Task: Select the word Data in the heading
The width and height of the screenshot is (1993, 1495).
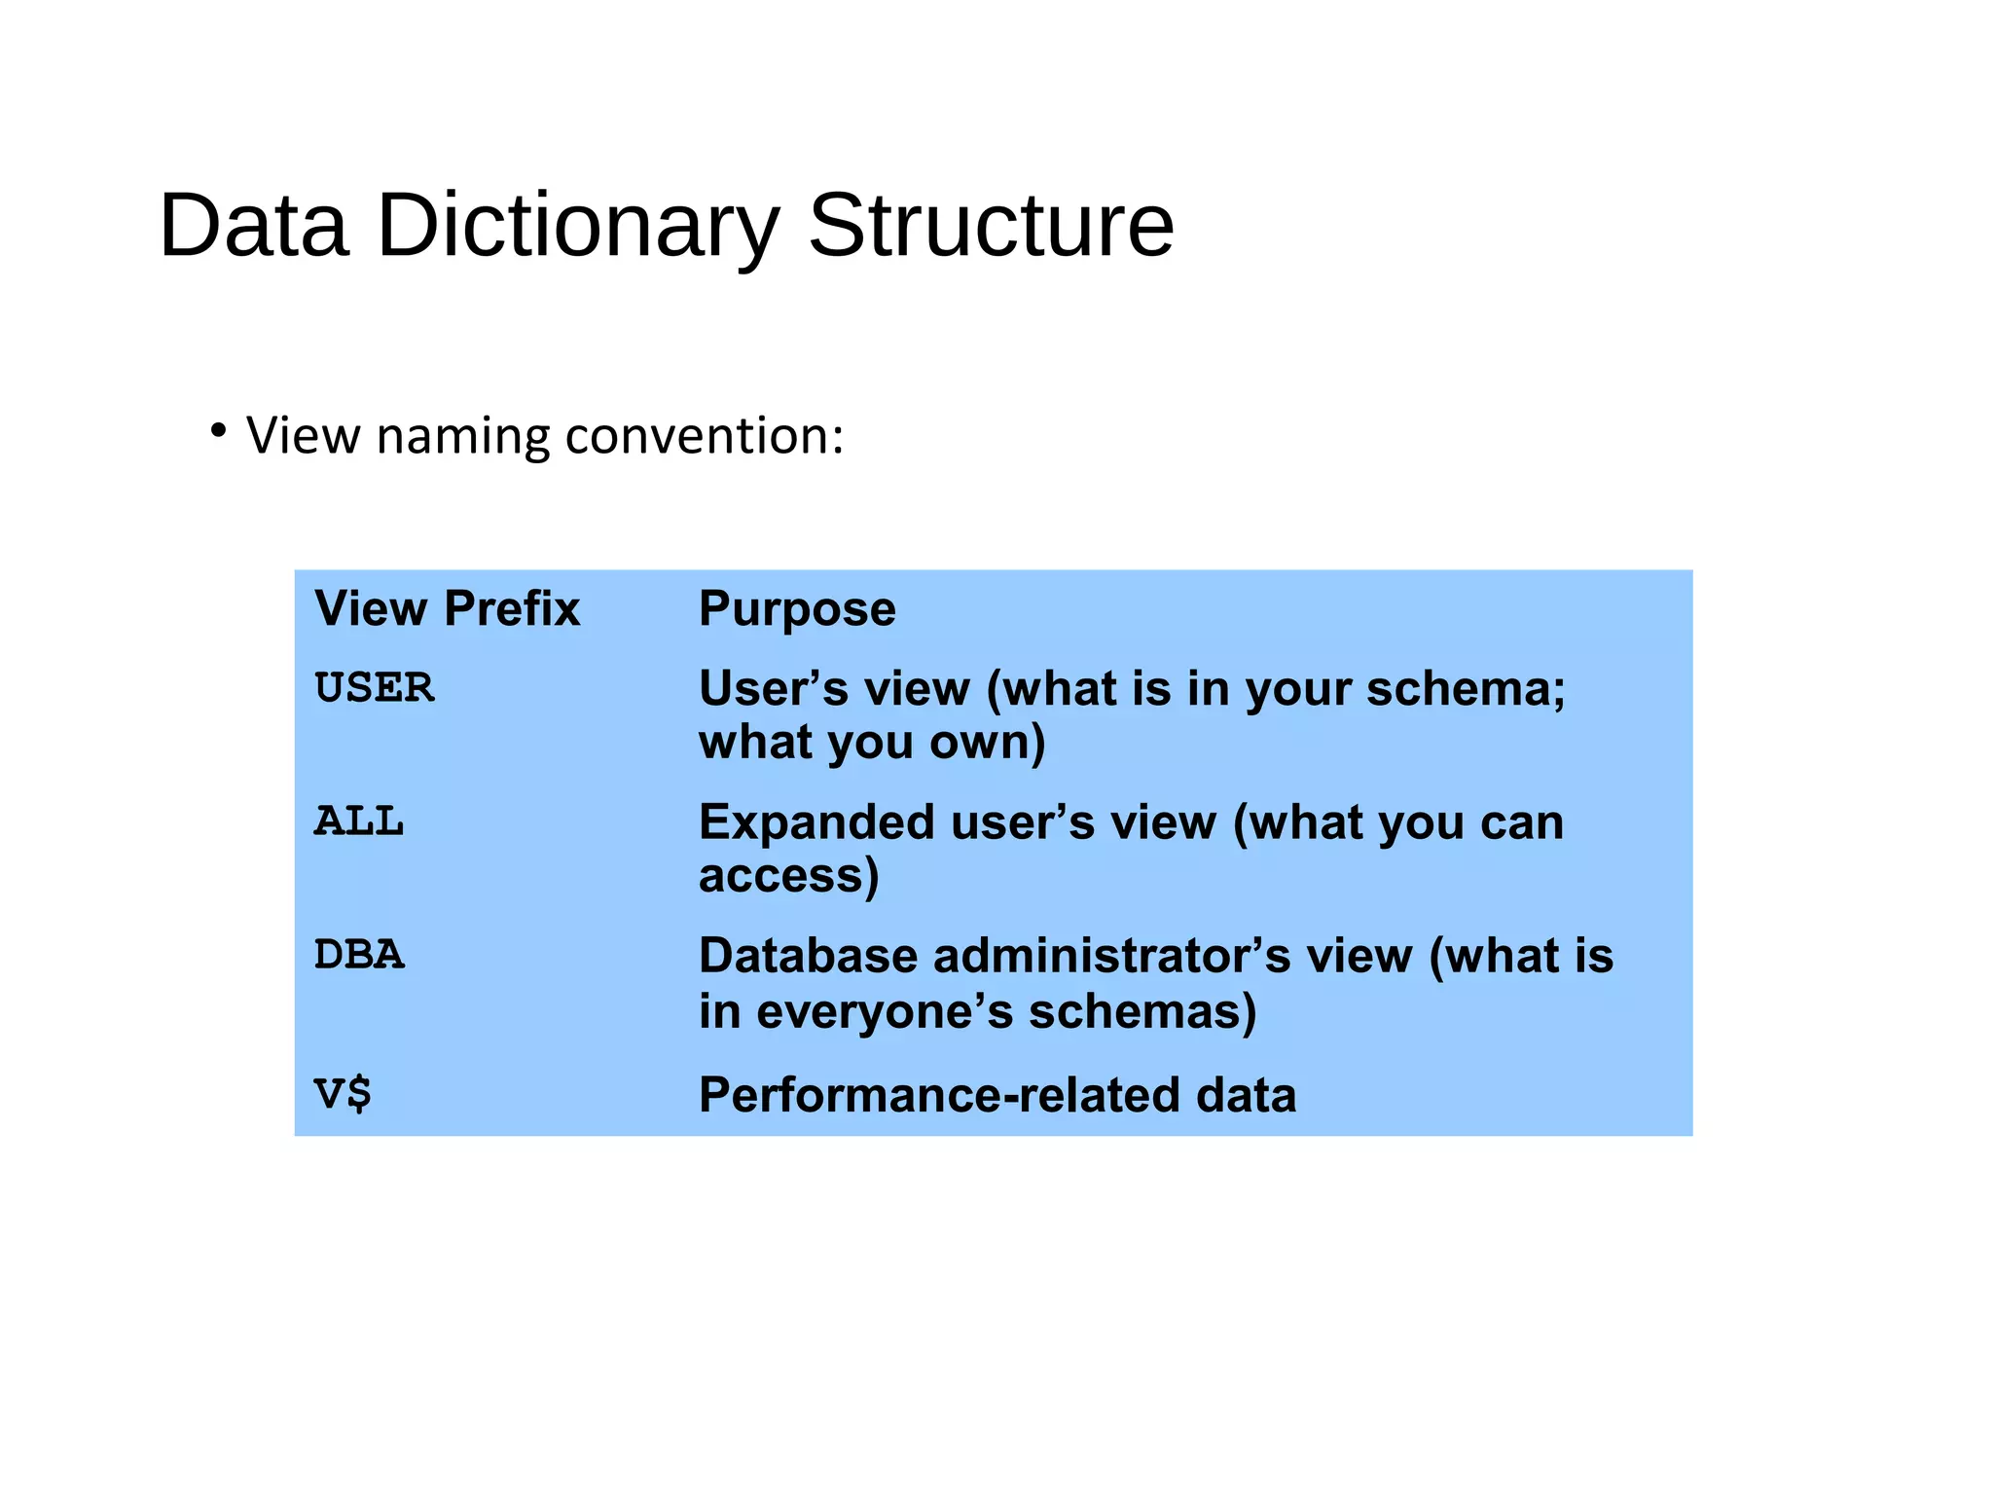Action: (253, 227)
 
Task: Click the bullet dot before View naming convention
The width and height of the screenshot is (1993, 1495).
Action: (219, 430)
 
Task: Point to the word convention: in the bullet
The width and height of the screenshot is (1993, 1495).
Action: (705, 435)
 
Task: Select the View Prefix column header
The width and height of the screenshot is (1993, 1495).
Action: (447, 609)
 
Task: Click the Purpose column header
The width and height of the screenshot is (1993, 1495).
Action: (797, 609)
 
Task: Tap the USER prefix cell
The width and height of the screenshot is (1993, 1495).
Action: (374, 688)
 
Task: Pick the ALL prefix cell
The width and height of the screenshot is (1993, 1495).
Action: (358, 821)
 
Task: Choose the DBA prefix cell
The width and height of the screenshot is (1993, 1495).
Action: (358, 955)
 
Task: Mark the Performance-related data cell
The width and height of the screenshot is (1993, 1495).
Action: (997, 1095)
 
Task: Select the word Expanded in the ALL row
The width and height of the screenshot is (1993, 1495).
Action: (816, 822)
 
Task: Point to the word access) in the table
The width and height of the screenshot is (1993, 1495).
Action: (788, 875)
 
